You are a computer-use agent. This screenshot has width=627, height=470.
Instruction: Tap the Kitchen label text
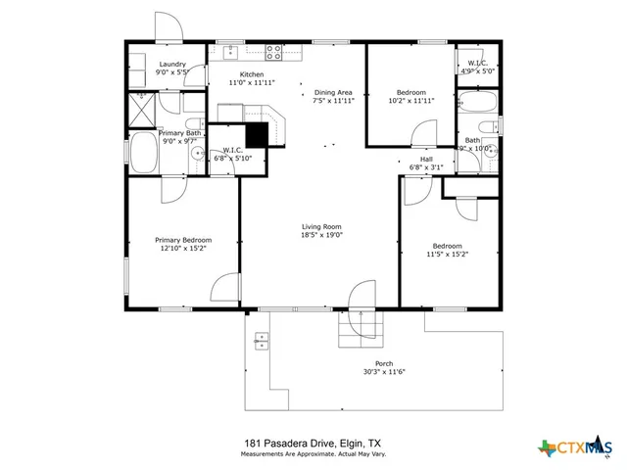coord(252,75)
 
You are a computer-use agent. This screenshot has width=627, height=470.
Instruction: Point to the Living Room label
coord(320,226)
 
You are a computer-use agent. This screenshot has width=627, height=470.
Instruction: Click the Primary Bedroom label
coord(183,240)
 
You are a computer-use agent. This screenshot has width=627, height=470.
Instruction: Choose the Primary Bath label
coord(179,132)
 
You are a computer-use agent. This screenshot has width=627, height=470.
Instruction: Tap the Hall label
coord(426,159)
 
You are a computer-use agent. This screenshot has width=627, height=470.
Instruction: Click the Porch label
coord(384,363)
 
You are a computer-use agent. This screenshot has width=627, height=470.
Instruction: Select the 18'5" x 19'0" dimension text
coord(320,235)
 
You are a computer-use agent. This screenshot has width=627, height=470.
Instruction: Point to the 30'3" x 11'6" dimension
coord(384,372)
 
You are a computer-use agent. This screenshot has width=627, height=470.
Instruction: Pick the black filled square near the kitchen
coord(257,134)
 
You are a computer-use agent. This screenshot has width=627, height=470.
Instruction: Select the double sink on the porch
coord(261,341)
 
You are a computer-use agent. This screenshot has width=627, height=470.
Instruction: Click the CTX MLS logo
coord(578,448)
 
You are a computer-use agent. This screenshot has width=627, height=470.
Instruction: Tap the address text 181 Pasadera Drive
coord(313,444)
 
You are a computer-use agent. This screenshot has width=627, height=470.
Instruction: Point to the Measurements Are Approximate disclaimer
coord(313,454)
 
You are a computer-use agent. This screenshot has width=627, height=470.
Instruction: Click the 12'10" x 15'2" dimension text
coord(183,249)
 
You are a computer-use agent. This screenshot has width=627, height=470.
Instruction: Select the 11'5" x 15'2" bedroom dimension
coord(447,255)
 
